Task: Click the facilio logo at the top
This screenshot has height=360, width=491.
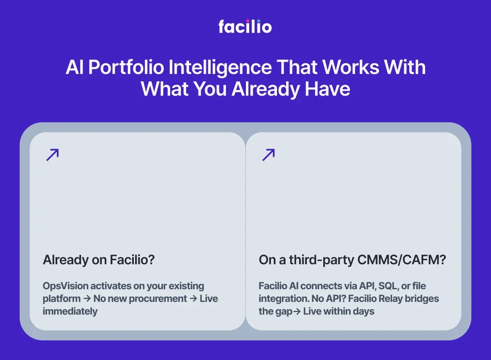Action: (245, 27)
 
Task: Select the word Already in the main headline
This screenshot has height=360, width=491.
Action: (265, 89)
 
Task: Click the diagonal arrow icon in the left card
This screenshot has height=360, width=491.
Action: (52, 155)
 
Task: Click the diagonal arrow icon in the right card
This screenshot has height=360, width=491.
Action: (268, 155)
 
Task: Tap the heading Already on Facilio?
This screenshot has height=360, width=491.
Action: (99, 260)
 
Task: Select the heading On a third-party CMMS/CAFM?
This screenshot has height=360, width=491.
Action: (352, 260)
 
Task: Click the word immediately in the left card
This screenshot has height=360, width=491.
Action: (70, 311)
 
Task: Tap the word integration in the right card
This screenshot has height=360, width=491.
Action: (281, 299)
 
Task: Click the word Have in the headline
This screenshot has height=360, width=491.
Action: (328, 89)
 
